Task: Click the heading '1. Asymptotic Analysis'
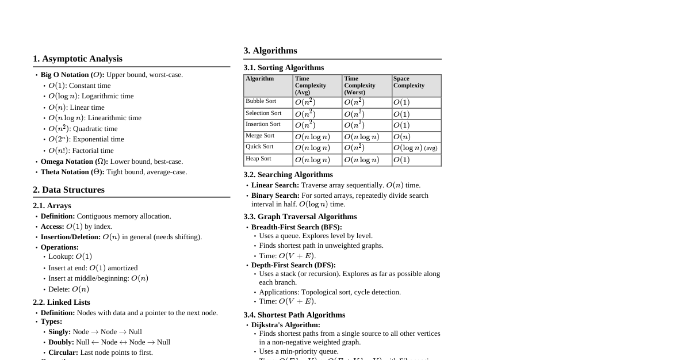coord(78,59)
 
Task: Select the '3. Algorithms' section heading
coord(270,51)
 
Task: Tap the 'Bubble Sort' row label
coord(261,101)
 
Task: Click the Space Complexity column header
coord(409,82)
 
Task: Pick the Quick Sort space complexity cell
coord(416,148)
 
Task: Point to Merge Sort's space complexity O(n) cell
coord(402,137)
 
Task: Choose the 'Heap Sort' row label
coord(258,159)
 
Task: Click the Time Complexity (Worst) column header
coord(359,85)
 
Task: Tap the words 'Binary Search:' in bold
coord(275,196)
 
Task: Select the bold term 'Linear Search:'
coord(275,185)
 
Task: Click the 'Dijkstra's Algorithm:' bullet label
coord(286,325)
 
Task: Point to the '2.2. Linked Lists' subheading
coord(62,302)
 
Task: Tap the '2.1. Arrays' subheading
coord(52,205)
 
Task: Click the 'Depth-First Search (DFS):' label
coord(293,265)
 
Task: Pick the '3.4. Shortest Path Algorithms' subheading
coord(294,315)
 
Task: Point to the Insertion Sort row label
coord(263,124)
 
